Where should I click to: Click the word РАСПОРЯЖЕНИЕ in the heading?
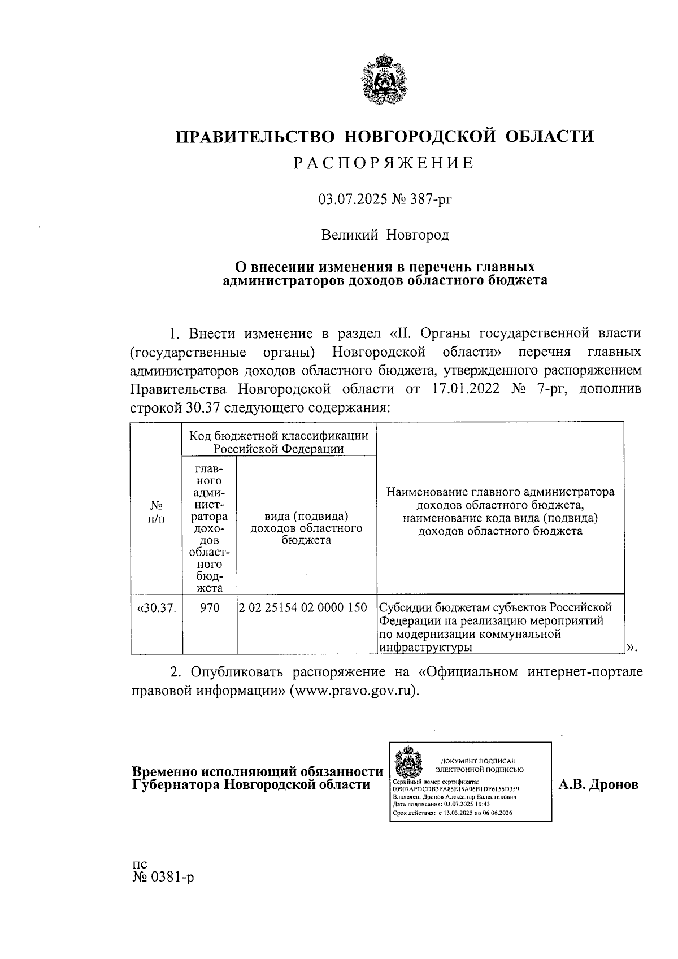click(x=384, y=163)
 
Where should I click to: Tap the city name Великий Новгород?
click(x=385, y=235)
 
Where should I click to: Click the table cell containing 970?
click(x=209, y=608)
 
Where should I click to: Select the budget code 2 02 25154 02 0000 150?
click(x=303, y=608)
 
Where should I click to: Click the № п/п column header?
click(x=157, y=512)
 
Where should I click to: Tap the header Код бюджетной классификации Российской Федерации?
click(x=279, y=442)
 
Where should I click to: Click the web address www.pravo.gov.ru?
click(x=353, y=691)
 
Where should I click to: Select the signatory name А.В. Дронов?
click(x=598, y=784)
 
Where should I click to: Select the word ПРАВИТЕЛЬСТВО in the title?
click(x=254, y=137)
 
